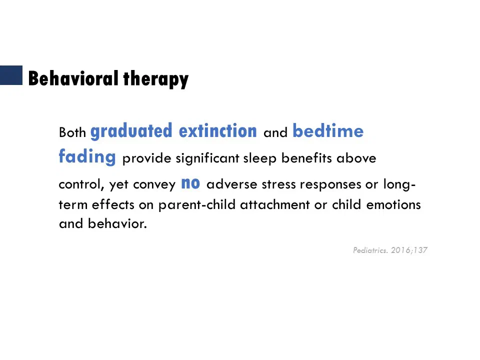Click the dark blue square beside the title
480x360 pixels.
(11, 75)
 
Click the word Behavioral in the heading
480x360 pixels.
(73, 78)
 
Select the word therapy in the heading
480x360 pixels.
(156, 79)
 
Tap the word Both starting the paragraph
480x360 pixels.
(72, 132)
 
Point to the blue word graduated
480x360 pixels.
(131, 131)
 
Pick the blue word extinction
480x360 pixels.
(217, 130)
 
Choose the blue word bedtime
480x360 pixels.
(328, 130)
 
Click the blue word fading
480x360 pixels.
(87, 156)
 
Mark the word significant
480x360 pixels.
(207, 158)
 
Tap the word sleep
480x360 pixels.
(260, 158)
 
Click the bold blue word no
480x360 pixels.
(190, 183)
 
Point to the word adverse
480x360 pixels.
(231, 184)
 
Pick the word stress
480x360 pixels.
(279, 184)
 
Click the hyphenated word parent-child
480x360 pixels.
(197, 205)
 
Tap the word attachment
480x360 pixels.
(275, 204)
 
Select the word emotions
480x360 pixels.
(393, 204)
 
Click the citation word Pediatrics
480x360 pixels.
(370, 250)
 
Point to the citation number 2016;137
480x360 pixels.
(409, 250)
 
